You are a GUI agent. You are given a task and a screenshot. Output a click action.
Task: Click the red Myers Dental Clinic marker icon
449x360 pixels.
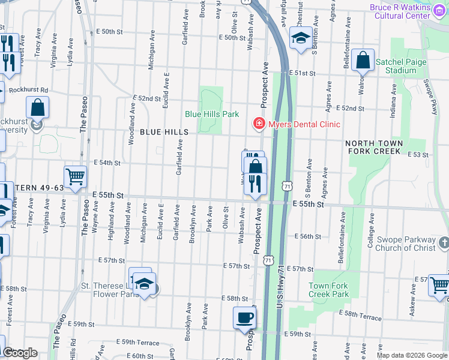pyautogui.click(x=259, y=124)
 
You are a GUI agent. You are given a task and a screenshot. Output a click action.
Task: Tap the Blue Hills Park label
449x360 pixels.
pyautogui.click(x=212, y=114)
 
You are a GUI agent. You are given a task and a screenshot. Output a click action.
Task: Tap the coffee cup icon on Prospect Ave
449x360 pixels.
pyautogui.click(x=244, y=318)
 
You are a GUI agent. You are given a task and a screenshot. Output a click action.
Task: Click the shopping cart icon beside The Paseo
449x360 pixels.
pyautogui.click(x=76, y=177)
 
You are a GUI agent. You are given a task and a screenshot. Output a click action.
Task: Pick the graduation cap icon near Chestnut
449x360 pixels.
pyautogui.click(x=301, y=38)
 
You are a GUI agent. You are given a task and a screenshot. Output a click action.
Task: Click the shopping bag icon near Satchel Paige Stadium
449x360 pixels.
pyautogui.click(x=363, y=60)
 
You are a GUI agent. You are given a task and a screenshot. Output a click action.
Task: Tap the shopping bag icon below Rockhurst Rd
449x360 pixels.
pyautogui.click(x=37, y=107)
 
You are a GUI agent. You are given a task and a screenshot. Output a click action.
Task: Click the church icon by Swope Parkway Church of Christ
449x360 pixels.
pyautogui.click(x=444, y=242)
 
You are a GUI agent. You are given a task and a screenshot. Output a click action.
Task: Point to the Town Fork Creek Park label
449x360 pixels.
pyautogui.click(x=329, y=290)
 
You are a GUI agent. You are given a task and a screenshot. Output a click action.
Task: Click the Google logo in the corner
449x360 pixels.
pyautogui.click(x=20, y=353)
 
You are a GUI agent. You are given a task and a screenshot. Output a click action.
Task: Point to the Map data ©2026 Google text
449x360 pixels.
pyautogui.click(x=411, y=355)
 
